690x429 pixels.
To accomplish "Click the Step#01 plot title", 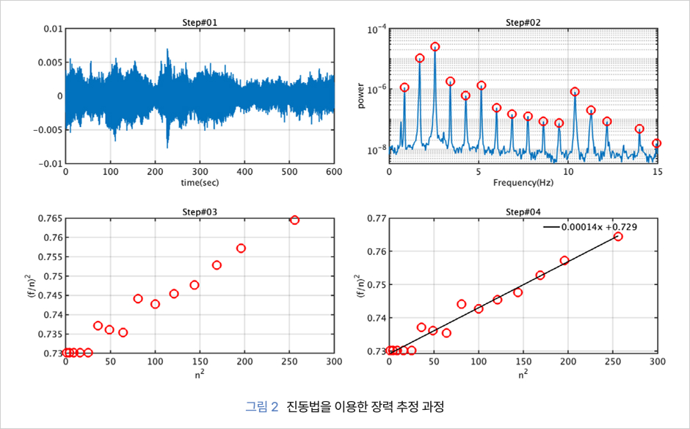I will point(200,22).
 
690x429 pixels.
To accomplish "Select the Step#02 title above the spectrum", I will point(523,22).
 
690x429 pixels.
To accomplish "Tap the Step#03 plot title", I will point(200,212).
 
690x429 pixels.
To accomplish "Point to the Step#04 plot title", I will point(523,212).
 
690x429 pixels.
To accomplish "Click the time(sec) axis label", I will point(200,182).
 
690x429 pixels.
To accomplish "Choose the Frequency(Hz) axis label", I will point(523,182).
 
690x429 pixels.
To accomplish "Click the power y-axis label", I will point(360,96).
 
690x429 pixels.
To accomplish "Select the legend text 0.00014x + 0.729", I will point(598,227).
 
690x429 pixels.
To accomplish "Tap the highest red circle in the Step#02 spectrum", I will point(435,46).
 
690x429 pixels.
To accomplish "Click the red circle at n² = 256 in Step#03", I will point(294,220).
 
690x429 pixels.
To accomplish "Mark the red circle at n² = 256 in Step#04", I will point(618,236).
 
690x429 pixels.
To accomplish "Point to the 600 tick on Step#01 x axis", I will point(334,172).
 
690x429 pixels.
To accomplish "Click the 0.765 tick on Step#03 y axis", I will point(48,219).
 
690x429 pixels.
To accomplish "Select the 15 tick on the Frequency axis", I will point(656,172).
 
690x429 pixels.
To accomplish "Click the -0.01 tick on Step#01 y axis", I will point(50,164).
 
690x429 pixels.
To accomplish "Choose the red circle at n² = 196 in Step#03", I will point(241,248).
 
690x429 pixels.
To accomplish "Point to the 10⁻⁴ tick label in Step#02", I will point(377,29).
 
